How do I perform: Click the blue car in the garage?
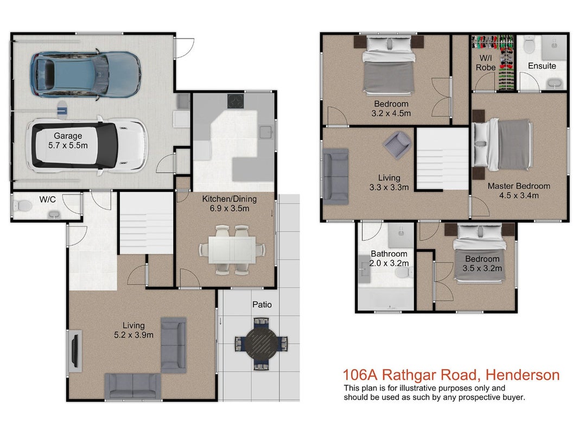click(85, 74)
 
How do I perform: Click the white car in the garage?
click(87, 145)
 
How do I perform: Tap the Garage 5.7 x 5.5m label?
click(68, 141)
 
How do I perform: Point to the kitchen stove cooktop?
click(236, 101)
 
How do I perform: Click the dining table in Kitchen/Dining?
click(232, 250)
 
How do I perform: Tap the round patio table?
click(262, 343)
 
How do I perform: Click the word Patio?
click(262, 304)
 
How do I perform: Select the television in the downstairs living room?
click(75, 351)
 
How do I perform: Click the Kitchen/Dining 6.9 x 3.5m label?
click(230, 204)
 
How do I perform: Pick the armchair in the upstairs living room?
click(397, 145)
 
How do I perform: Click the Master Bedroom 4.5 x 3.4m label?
click(519, 191)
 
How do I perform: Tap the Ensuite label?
click(542, 66)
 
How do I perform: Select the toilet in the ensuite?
click(529, 44)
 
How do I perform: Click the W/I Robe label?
click(486, 63)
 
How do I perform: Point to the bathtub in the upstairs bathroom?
click(386, 299)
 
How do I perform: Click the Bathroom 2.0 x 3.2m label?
click(389, 258)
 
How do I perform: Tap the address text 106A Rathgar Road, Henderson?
click(451, 374)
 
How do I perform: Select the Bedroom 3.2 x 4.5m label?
click(391, 108)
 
